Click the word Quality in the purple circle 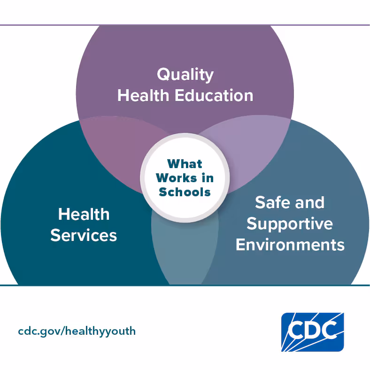[185, 75]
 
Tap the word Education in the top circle [214, 96]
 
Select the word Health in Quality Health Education [143, 96]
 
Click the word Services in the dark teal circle [84, 235]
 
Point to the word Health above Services [84, 214]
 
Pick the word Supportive [290, 224]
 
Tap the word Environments [290, 245]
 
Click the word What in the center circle [185, 164]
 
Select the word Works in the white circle [176, 177]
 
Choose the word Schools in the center [185, 192]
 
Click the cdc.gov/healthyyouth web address [77, 331]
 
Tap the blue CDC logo [312, 332]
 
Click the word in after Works [208, 177]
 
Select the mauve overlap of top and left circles [118, 146]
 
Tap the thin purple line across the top [185, 25]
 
